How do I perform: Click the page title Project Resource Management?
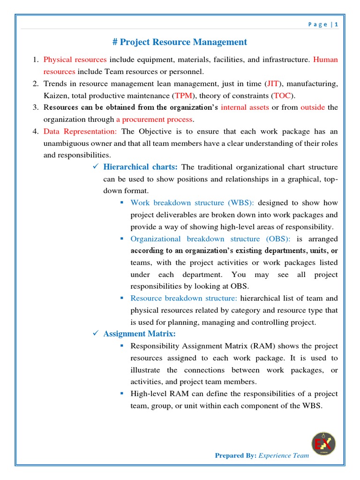click(x=180, y=42)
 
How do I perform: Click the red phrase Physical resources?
click(x=75, y=60)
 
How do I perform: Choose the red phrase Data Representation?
click(x=80, y=131)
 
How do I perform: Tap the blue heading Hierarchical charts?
click(x=140, y=167)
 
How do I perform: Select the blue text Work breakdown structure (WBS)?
click(x=192, y=203)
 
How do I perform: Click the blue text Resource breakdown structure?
click(x=184, y=298)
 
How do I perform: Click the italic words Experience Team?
click(x=284, y=455)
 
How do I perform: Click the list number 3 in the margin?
click(x=35, y=107)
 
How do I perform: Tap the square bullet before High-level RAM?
click(x=121, y=393)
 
